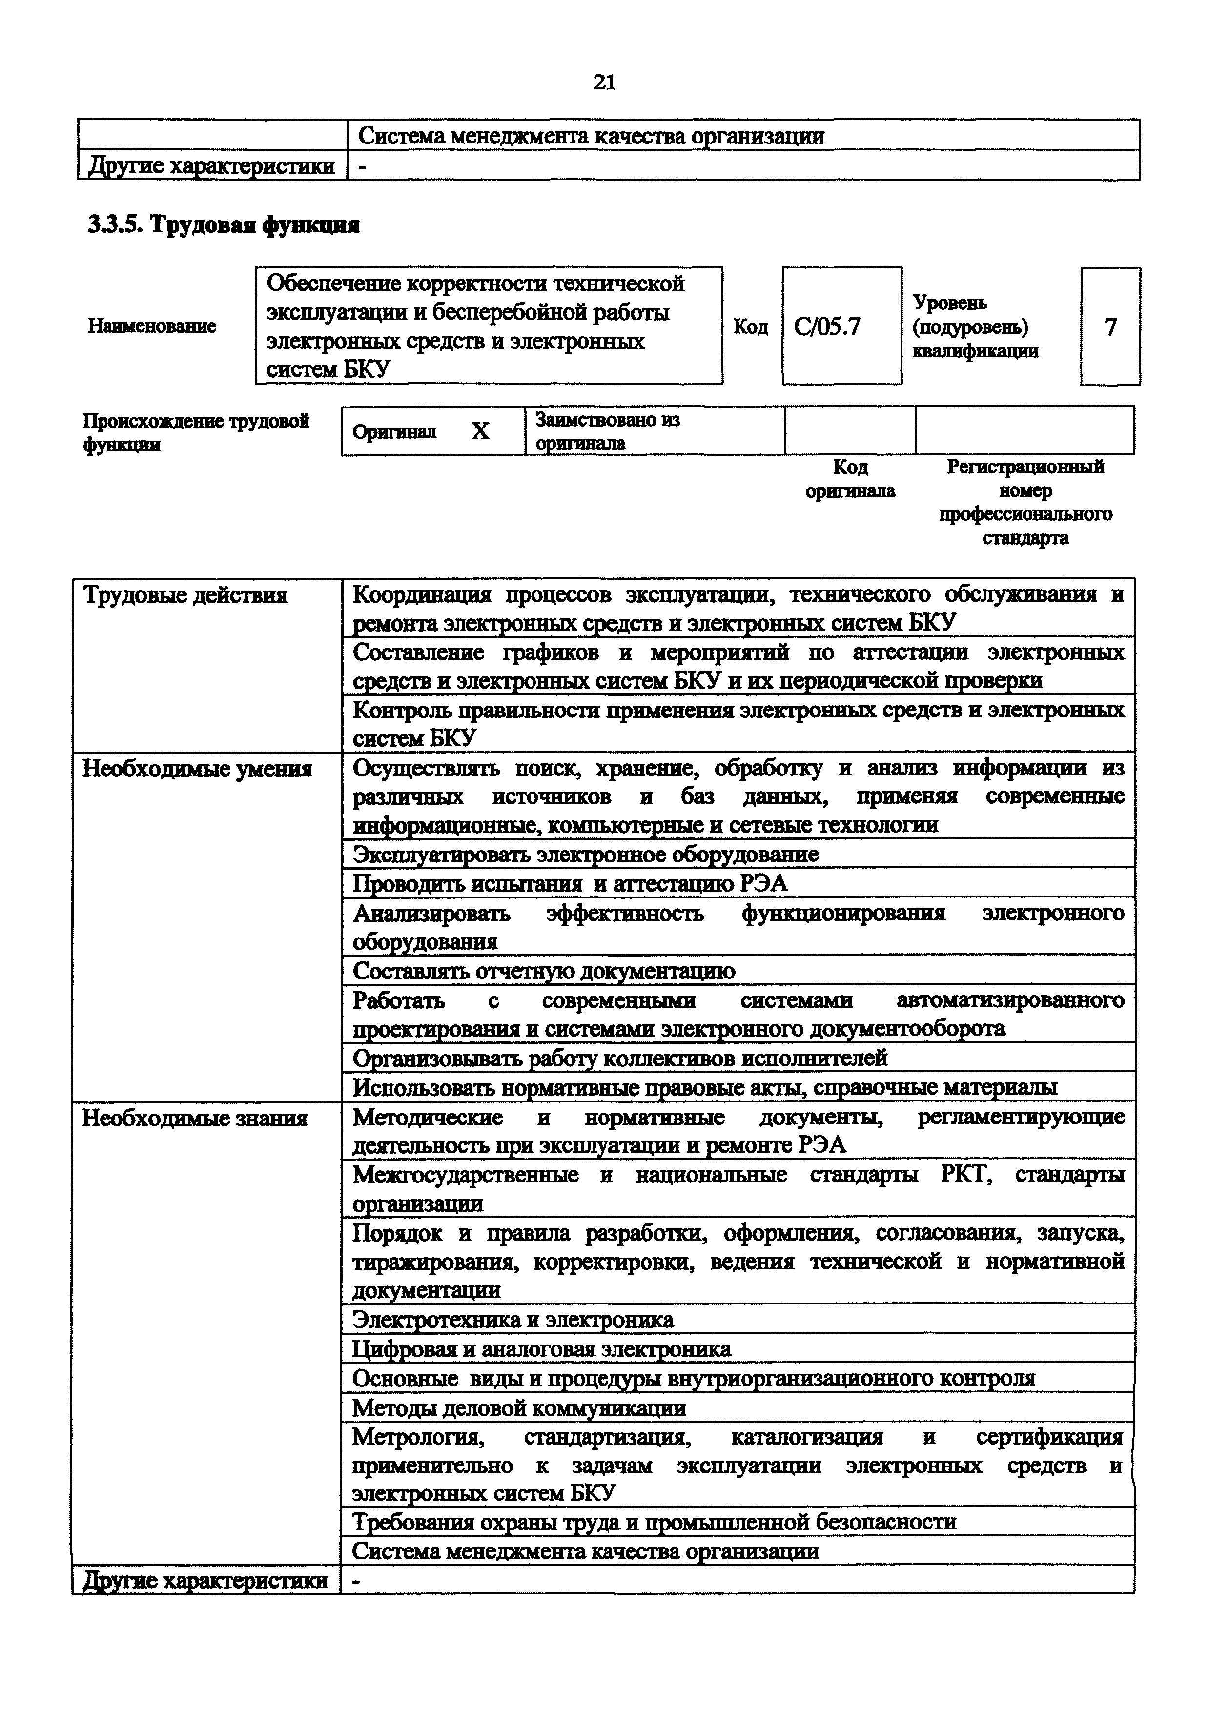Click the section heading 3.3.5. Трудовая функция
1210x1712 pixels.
click(224, 224)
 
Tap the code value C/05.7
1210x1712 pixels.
click(827, 326)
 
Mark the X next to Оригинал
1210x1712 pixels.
click(481, 431)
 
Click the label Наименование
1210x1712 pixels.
click(152, 326)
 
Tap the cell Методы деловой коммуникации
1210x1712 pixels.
click(519, 1408)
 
